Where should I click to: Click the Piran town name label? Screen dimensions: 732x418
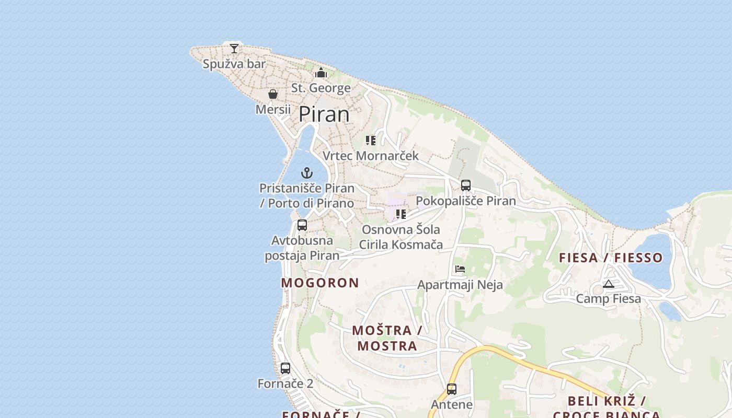click(x=324, y=114)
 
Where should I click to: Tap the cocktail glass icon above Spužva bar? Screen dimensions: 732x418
click(x=234, y=49)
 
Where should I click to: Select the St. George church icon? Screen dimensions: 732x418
click(x=321, y=73)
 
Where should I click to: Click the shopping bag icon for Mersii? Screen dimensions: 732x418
click(x=273, y=94)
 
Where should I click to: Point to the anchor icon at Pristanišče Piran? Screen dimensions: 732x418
click(x=307, y=172)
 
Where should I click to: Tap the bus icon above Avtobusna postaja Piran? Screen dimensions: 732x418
click(x=302, y=225)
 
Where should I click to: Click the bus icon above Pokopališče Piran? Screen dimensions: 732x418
click(x=465, y=185)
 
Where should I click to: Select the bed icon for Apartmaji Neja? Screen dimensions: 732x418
click(x=460, y=269)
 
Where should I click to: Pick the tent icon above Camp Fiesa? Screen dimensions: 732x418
click(x=608, y=284)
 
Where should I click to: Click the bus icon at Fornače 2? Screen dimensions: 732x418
click(x=285, y=368)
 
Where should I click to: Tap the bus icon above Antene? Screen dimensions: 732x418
click(x=452, y=389)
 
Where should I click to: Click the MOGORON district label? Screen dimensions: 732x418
click(x=320, y=283)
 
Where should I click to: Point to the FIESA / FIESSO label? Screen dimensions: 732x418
click(x=611, y=258)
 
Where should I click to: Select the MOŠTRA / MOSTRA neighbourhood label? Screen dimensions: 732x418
click(x=387, y=338)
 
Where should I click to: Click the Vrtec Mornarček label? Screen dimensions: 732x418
click(x=371, y=156)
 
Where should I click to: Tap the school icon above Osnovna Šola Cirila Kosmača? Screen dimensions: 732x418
click(x=401, y=214)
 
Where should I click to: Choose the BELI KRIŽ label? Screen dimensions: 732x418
click(x=607, y=401)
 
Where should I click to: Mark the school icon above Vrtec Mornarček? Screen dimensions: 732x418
click(x=371, y=140)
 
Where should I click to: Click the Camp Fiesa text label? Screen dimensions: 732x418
click(x=608, y=299)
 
